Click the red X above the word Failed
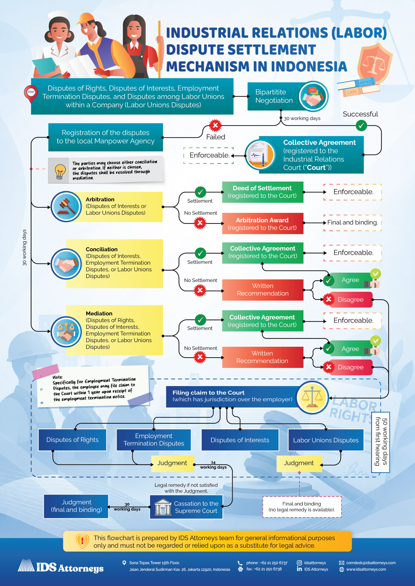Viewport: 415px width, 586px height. pos(215,125)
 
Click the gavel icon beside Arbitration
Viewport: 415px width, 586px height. pos(66,206)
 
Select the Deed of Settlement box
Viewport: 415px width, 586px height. pos(263,192)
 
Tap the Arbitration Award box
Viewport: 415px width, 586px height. pos(263,224)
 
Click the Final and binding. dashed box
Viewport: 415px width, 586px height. pos(352,222)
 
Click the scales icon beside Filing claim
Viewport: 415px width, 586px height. pos(312,397)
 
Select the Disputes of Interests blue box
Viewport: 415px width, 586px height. pos(240,440)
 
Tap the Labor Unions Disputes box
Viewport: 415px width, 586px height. pos(326,440)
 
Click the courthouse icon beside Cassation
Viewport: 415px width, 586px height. pos(162,507)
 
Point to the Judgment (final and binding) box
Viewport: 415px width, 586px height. pos(76,506)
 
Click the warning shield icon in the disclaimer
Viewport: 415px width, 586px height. pos(82,541)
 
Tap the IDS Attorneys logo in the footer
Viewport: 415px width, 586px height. pos(60,566)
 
